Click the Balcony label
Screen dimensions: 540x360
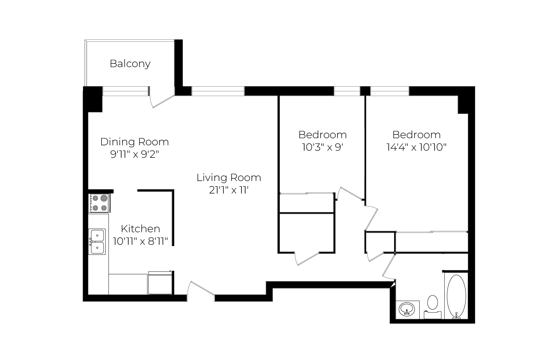pyautogui.click(x=130, y=64)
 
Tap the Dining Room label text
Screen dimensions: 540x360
pyautogui.click(x=135, y=142)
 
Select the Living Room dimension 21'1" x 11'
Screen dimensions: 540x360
pyautogui.click(x=229, y=190)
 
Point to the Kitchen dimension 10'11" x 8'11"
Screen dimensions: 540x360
pyautogui.click(x=140, y=241)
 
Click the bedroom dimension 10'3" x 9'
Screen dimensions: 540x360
pyautogui.click(x=322, y=147)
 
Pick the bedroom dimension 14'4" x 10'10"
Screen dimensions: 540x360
pyautogui.click(x=416, y=147)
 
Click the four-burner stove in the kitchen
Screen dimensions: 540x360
pyautogui.click(x=100, y=203)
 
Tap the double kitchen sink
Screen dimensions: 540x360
pyautogui.click(x=97, y=242)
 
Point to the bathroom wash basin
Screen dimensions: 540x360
pyautogui.click(x=407, y=309)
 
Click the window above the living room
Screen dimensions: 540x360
pyautogui.click(x=218, y=91)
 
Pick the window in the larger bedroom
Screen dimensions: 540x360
pyautogui.click(x=390, y=91)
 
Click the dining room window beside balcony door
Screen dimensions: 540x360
pyautogui.click(x=125, y=91)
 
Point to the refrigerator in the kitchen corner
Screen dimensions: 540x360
pyautogui.click(x=160, y=283)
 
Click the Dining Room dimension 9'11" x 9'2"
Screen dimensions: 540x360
pyautogui.click(x=135, y=154)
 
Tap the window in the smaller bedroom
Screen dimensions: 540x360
pyautogui.click(x=347, y=91)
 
